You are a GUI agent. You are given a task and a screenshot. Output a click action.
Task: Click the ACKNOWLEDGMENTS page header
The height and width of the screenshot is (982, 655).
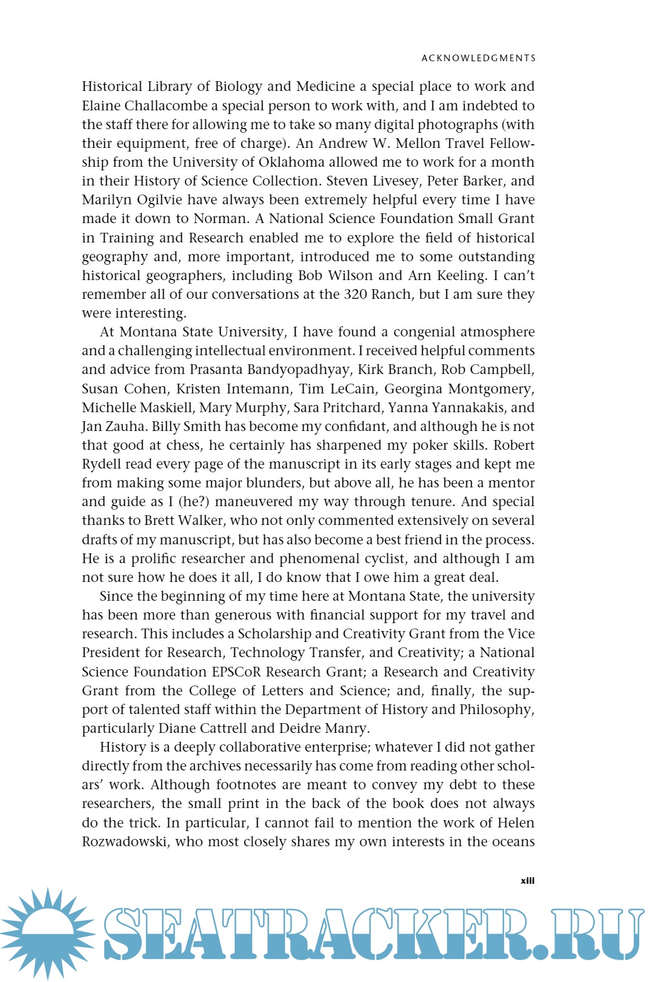click(x=479, y=58)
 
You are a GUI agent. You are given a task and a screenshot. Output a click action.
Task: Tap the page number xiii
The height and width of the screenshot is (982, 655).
click(x=527, y=880)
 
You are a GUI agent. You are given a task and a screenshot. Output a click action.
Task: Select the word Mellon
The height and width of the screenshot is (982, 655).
click(x=418, y=143)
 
